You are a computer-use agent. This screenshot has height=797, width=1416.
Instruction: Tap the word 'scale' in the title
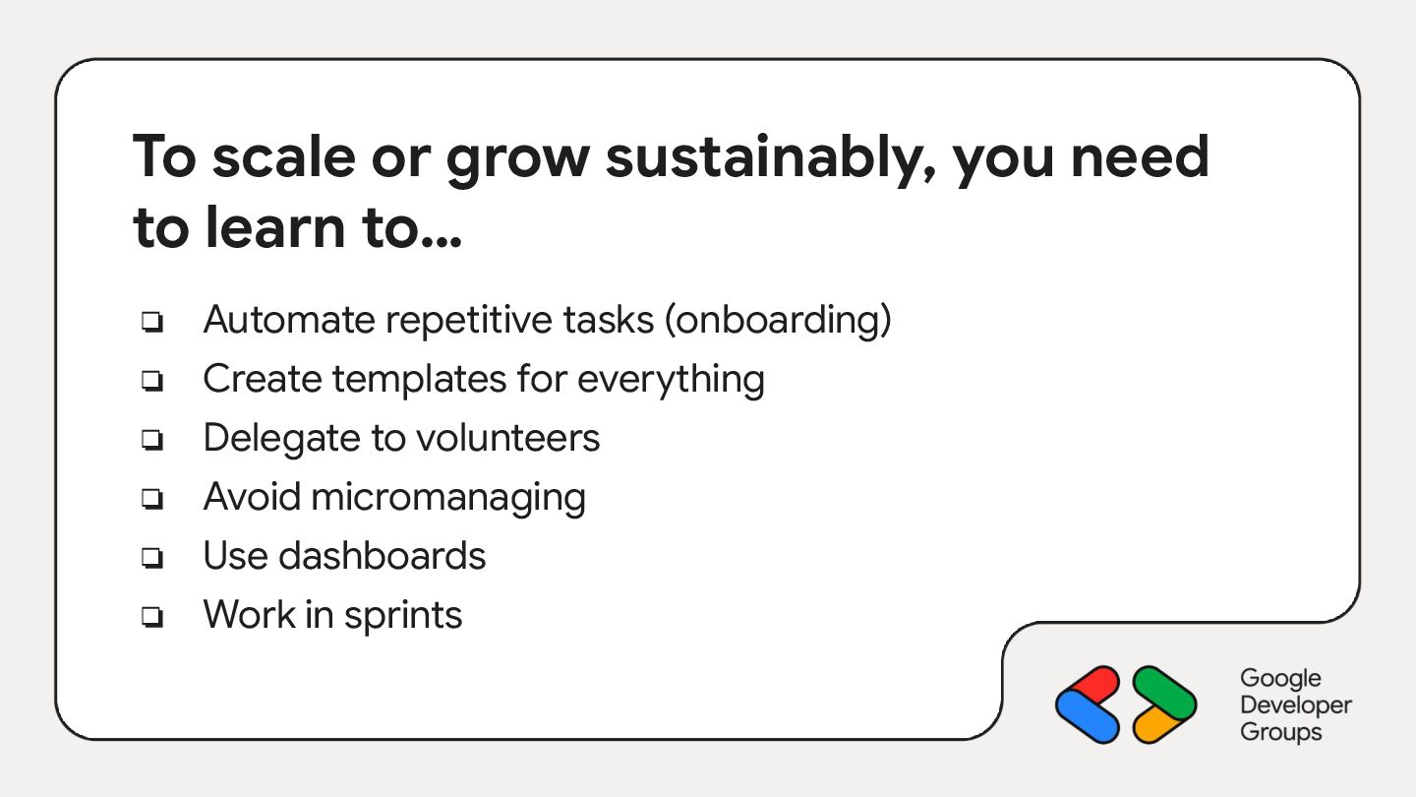[284, 157]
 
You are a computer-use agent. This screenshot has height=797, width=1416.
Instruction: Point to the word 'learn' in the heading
[275, 227]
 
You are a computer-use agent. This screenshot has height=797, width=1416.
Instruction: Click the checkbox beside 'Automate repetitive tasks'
[152, 322]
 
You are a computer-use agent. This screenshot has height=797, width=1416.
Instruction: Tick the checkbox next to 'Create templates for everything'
[152, 380]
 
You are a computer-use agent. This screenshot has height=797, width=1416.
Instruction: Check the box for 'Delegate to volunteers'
[152, 439]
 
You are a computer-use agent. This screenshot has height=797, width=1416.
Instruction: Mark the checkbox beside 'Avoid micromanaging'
[152, 499]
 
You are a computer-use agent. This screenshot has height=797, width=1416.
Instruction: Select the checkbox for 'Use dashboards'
[152, 557]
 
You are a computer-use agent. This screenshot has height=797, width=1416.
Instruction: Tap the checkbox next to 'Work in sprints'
[152, 616]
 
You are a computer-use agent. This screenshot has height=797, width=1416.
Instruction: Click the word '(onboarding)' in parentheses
[778, 321]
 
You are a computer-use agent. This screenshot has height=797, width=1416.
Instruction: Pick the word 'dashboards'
[382, 556]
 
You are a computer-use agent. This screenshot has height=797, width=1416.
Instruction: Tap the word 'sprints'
[403, 616]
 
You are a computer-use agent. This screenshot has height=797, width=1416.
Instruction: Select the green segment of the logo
[1164, 694]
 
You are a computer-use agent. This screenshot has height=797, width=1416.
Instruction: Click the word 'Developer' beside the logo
[1296, 705]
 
